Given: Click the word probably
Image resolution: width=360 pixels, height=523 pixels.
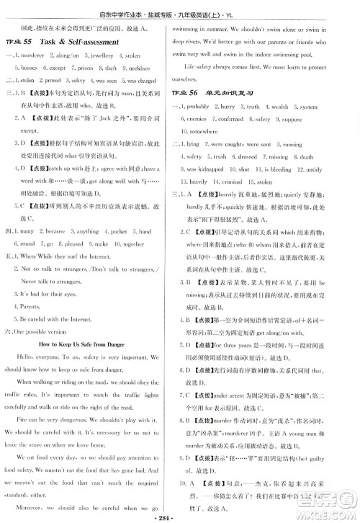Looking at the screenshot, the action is click(x=210, y=107).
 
